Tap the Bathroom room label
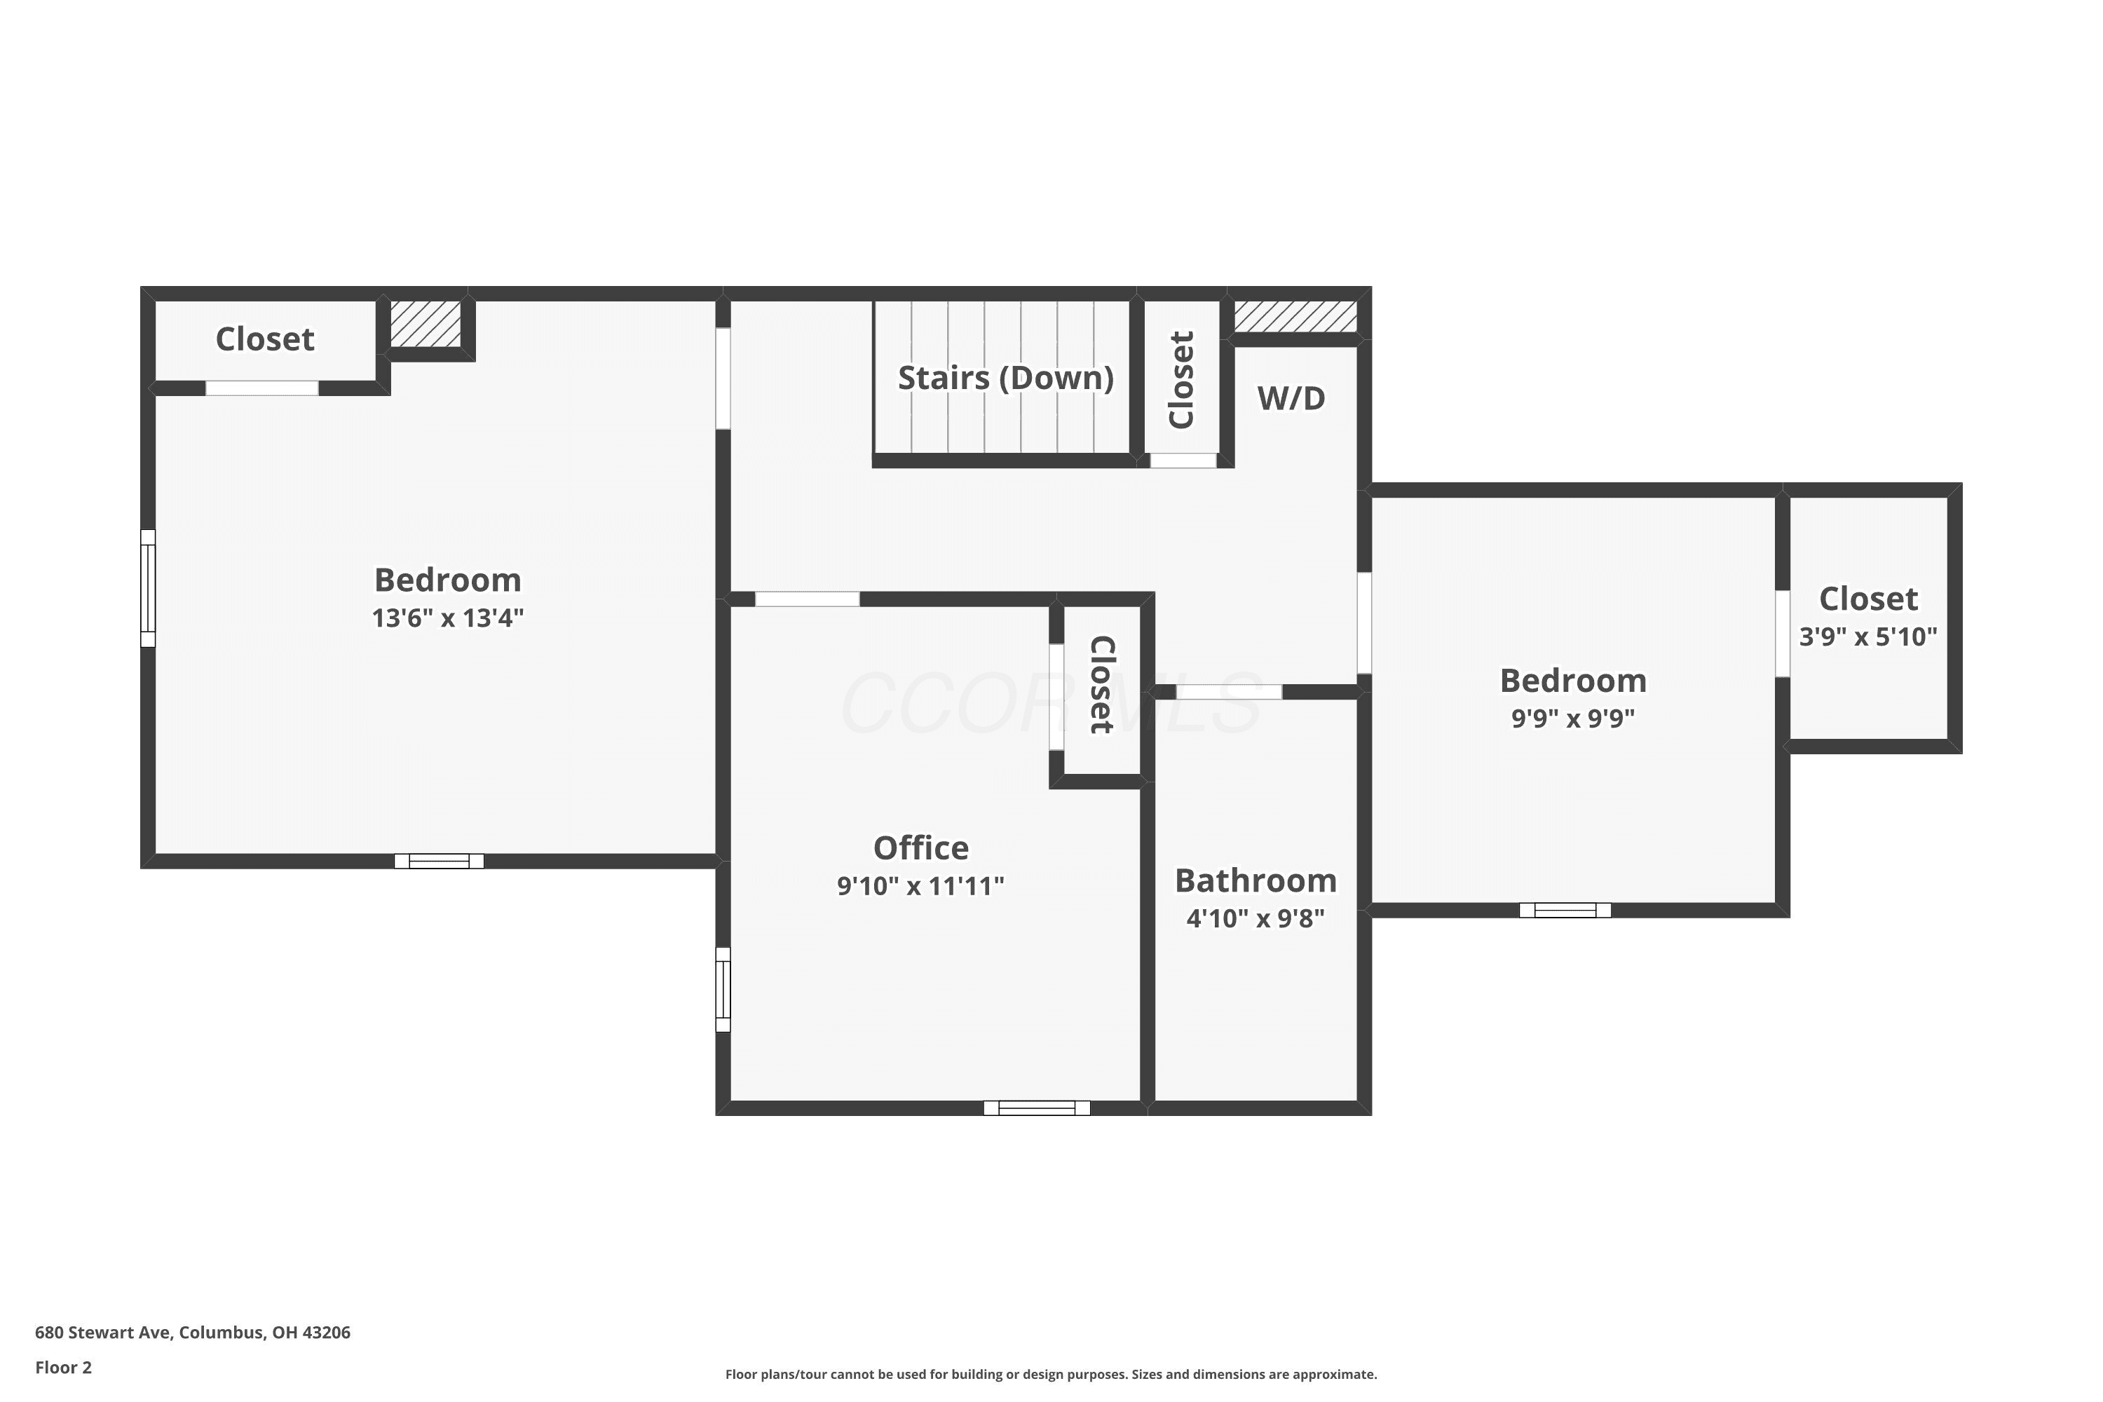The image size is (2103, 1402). click(x=1255, y=880)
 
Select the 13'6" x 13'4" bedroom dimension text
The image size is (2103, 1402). click(x=448, y=618)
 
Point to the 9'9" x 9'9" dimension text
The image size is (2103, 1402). click(x=1573, y=718)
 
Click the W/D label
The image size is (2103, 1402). click(x=1291, y=399)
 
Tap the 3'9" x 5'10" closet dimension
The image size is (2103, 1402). click(x=1868, y=637)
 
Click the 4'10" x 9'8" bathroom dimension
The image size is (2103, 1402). click(x=1255, y=918)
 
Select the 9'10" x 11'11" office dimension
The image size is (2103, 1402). click(x=920, y=886)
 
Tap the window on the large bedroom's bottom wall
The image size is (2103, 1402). click(x=439, y=861)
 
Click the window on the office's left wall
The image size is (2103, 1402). click(x=723, y=990)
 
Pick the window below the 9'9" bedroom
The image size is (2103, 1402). click(x=1565, y=910)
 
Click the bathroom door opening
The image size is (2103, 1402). click(x=1229, y=692)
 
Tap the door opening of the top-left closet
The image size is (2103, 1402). click(x=262, y=388)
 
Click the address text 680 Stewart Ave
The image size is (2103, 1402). click(x=103, y=1333)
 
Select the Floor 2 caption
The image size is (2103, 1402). click(x=64, y=1367)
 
